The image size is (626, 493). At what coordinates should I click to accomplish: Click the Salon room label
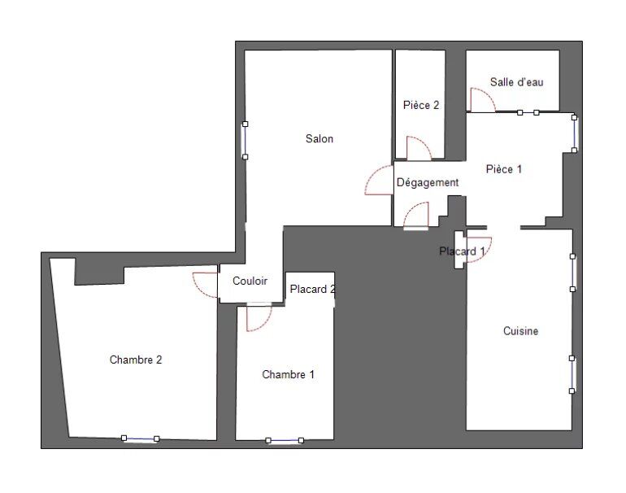[x=319, y=138]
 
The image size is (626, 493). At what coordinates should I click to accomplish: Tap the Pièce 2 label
[x=421, y=105]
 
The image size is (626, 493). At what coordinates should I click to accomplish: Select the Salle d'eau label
[x=516, y=82]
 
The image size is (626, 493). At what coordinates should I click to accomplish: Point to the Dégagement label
[x=427, y=182]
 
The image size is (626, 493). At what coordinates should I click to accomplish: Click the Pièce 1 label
[x=504, y=169]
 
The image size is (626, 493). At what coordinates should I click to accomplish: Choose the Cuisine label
[x=520, y=331]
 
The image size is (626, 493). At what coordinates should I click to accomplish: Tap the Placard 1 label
[x=462, y=251]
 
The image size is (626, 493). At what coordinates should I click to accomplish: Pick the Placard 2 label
[x=313, y=289]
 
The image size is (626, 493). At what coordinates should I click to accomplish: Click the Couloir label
[x=250, y=281]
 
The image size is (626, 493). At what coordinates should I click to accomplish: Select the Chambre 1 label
[x=288, y=374]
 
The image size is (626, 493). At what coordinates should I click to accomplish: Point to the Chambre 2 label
[x=136, y=360]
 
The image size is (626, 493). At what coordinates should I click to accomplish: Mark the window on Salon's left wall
[x=246, y=141]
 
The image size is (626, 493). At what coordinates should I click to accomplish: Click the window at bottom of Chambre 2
[x=140, y=438]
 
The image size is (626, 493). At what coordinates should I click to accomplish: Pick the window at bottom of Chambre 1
[x=285, y=440]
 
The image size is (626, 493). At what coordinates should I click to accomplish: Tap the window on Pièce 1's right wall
[x=574, y=134]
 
